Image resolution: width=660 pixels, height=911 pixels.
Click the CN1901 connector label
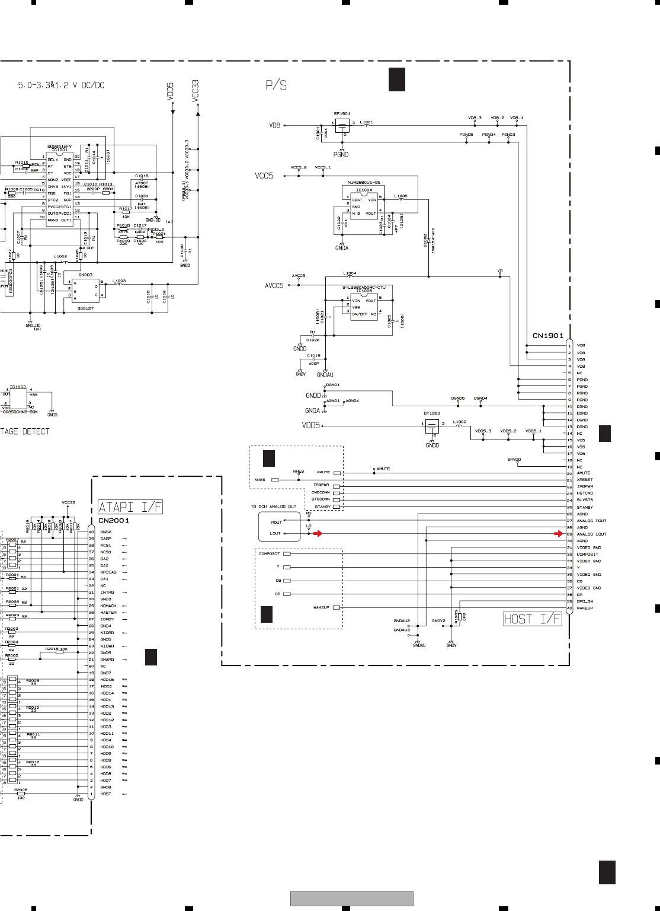[x=547, y=336]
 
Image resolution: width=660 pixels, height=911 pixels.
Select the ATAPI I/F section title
[x=130, y=507]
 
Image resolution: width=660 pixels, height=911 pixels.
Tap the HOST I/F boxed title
[x=531, y=619]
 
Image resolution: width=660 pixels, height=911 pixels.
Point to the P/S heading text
[x=276, y=85]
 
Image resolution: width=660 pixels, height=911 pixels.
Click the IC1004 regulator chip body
[x=364, y=205]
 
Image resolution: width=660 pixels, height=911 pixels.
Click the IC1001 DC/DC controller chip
[x=59, y=189]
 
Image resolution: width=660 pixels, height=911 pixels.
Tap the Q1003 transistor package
[x=85, y=291]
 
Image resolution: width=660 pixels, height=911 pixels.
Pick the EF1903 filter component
[x=432, y=425]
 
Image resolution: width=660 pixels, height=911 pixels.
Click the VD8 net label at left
[x=274, y=126]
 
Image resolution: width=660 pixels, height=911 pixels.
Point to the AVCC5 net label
[x=274, y=286]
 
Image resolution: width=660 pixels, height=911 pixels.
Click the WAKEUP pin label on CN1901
[x=585, y=609]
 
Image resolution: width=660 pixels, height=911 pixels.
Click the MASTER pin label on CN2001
[x=108, y=613]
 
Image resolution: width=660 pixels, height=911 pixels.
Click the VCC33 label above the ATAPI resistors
[x=69, y=502]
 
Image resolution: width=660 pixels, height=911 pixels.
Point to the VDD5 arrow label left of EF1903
[x=311, y=425]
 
